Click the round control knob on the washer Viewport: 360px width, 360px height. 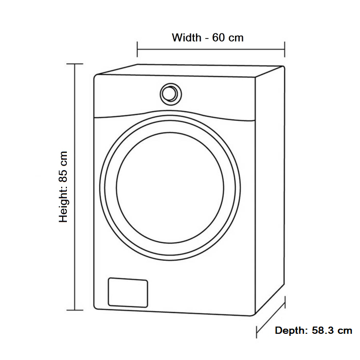(x=170, y=94)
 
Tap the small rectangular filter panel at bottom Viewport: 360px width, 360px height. (x=128, y=293)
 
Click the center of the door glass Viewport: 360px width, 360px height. (x=170, y=186)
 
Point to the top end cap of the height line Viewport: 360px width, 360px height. (x=75, y=64)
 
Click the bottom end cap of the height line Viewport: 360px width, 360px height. (x=75, y=310)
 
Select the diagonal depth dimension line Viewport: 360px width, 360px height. (x=271, y=317)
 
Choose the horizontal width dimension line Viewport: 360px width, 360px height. (x=211, y=50)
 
